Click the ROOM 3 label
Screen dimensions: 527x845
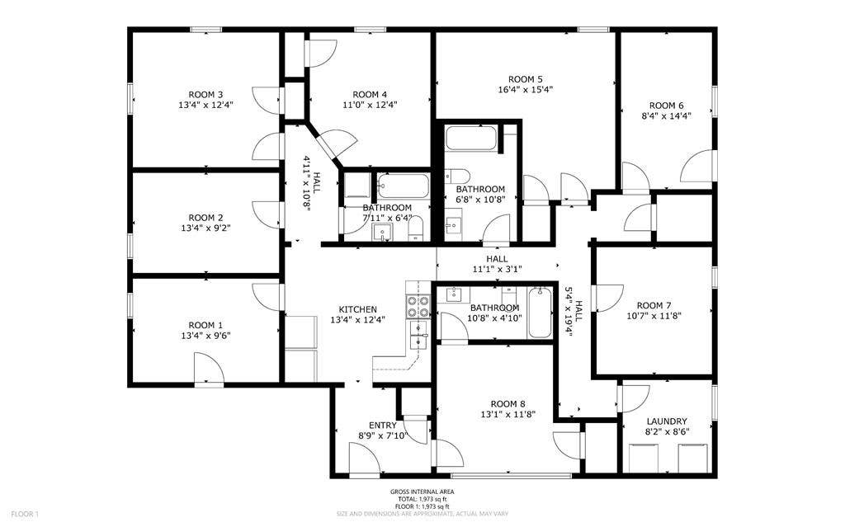(x=205, y=94)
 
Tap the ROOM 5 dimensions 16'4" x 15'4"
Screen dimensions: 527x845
(x=525, y=90)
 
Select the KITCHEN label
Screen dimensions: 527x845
(x=358, y=309)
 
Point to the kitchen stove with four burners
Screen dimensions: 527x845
(x=419, y=307)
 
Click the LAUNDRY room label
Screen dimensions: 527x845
(x=667, y=421)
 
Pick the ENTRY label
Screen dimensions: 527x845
(x=381, y=425)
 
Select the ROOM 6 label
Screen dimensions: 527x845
(x=666, y=105)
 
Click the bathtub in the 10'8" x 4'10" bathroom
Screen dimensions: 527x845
(x=540, y=313)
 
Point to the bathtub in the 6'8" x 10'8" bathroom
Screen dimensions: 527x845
(x=471, y=138)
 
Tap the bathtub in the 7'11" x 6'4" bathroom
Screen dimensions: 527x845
(x=404, y=186)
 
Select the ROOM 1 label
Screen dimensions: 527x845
(x=205, y=325)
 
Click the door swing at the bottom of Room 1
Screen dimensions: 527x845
(x=209, y=369)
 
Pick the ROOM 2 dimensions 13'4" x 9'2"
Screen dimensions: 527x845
(x=205, y=228)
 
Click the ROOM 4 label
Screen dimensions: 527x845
(x=370, y=94)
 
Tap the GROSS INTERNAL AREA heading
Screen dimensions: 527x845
(x=422, y=492)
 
